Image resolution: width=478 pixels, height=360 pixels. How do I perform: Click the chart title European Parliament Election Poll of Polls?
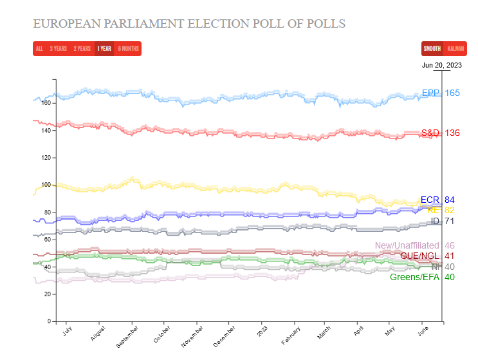(x=189, y=24)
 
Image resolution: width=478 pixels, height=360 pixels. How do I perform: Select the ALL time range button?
(x=39, y=49)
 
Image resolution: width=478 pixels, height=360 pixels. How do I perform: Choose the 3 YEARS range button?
(x=59, y=49)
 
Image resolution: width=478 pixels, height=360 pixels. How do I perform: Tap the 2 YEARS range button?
(x=82, y=49)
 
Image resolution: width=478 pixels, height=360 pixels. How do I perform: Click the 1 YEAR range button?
(x=104, y=49)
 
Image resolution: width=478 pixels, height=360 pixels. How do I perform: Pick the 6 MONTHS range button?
(x=127, y=49)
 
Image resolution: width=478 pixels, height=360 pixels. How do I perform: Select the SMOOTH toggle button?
(x=432, y=49)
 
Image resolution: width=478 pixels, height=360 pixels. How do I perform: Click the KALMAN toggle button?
(x=455, y=49)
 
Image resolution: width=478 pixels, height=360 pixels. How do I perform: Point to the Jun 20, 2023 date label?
(x=441, y=64)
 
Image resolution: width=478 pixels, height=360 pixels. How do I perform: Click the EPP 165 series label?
(x=441, y=93)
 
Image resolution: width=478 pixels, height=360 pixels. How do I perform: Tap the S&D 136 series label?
(x=440, y=133)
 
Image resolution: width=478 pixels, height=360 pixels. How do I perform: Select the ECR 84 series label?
(x=439, y=200)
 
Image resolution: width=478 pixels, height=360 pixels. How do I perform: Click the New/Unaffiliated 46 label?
(x=415, y=245)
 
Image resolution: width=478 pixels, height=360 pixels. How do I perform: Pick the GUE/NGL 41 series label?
(x=427, y=256)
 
